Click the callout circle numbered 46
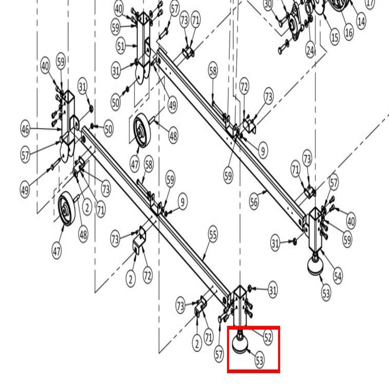pyautogui.click(x=25, y=129)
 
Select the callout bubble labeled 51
pyautogui.click(x=120, y=46)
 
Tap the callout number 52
pyautogui.click(x=268, y=337)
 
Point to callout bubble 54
pyautogui.click(x=338, y=276)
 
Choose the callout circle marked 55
pyautogui.click(x=213, y=234)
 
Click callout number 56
pyautogui.click(x=254, y=202)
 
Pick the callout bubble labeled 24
pyautogui.click(x=310, y=51)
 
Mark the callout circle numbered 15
pyautogui.click(x=335, y=38)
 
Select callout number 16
pyautogui.click(x=349, y=32)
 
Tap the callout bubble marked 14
pyautogui.click(x=361, y=21)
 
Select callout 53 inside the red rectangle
pyautogui.click(x=259, y=360)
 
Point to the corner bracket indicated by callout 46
pyautogui.click(x=68, y=127)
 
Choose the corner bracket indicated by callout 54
pyautogui.click(x=315, y=229)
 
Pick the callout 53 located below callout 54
pyautogui.click(x=326, y=293)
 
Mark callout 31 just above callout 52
pyautogui.click(x=273, y=289)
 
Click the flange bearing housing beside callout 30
pyautogui.click(x=296, y=21)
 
